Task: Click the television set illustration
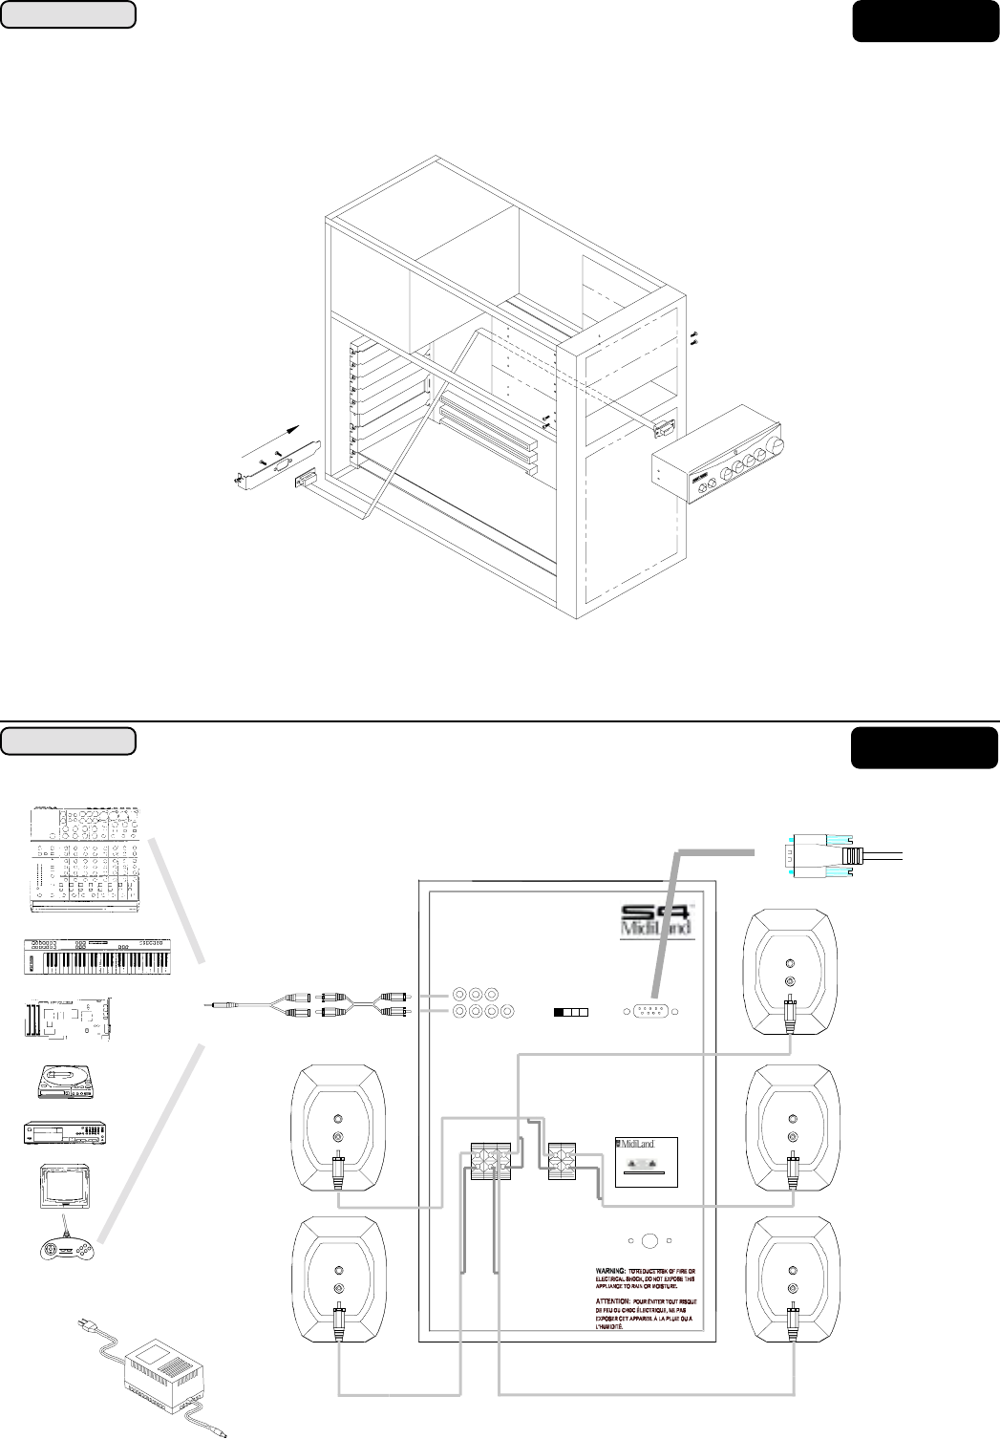64,1188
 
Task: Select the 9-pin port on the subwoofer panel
652,1012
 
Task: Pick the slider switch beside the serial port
571,1012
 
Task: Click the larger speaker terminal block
497,1161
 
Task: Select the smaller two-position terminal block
565,1161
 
